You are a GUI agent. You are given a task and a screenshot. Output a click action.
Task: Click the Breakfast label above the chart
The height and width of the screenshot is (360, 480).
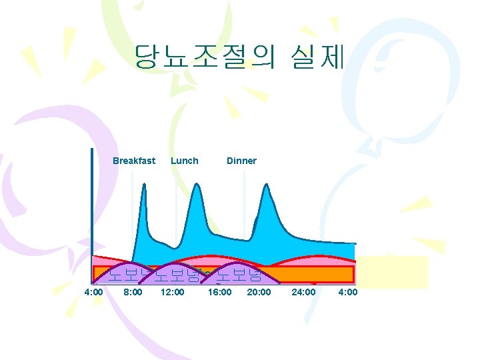coord(134,161)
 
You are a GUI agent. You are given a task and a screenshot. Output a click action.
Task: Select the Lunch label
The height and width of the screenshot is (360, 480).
coord(184,161)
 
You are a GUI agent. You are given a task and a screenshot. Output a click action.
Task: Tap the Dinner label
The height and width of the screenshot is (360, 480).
coord(241,161)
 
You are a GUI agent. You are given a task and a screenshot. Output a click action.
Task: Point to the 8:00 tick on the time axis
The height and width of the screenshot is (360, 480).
coord(133,292)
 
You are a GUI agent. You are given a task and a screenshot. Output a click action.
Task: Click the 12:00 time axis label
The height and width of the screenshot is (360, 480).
coord(172,292)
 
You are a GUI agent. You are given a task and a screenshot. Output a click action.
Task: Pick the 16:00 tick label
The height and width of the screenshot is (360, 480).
coord(219,292)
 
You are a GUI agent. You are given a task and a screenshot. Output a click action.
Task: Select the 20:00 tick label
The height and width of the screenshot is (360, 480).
coord(259,292)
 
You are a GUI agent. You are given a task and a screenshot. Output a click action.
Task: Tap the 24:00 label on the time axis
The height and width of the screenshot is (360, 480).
coord(304,292)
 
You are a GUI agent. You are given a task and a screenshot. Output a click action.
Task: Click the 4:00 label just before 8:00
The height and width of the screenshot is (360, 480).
coord(93,292)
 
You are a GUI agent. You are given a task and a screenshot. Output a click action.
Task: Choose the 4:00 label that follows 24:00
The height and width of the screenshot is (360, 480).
coord(348,292)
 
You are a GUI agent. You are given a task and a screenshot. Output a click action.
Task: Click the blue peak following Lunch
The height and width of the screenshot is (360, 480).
coord(195,190)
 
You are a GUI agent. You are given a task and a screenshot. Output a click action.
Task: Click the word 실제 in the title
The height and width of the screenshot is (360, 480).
coord(317,58)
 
